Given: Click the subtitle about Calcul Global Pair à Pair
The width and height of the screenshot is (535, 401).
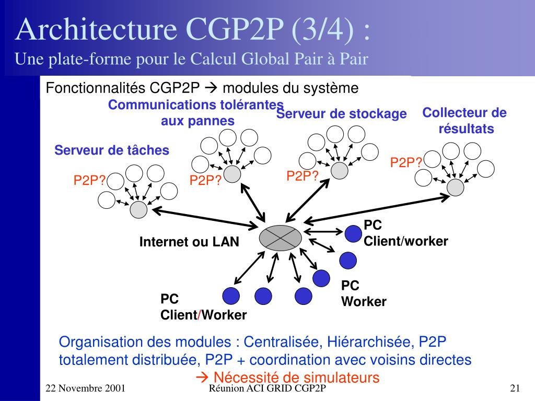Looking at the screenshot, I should pyautogui.click(x=191, y=60).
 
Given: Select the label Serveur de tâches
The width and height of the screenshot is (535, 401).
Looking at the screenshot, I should pyautogui.click(x=112, y=150).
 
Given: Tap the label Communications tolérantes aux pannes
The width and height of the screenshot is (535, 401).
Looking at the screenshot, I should pyautogui.click(x=196, y=113).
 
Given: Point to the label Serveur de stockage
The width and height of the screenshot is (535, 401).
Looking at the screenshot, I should pyautogui.click(x=342, y=114).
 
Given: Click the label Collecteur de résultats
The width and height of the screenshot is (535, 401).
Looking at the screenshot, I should pyautogui.click(x=464, y=121).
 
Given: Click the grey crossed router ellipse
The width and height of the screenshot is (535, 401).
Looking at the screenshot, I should pyautogui.click(x=281, y=238).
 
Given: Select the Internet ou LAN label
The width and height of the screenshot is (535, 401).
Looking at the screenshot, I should pyautogui.click(x=189, y=242).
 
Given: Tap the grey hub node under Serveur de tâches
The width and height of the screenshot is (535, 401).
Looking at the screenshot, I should pyautogui.click(x=139, y=209).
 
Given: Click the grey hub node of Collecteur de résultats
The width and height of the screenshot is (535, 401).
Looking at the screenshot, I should pyautogui.click(x=456, y=187).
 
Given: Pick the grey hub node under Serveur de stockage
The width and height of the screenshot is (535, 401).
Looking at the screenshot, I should pyautogui.click(x=339, y=170).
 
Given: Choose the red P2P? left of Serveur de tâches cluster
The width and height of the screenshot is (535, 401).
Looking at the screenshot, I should pyautogui.click(x=89, y=181).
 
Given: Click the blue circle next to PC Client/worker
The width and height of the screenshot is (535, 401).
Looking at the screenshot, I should pyautogui.click(x=354, y=233).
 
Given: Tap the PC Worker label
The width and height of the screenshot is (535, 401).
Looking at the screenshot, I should pyautogui.click(x=364, y=293).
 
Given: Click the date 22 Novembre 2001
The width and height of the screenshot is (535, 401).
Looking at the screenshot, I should pyautogui.click(x=85, y=388).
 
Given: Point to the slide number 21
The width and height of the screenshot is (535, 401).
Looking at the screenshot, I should pyautogui.click(x=515, y=388).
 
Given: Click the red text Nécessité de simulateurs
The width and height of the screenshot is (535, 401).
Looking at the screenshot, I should pyautogui.click(x=287, y=378).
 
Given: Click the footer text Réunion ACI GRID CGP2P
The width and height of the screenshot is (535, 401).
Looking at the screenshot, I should pyautogui.click(x=267, y=388).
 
